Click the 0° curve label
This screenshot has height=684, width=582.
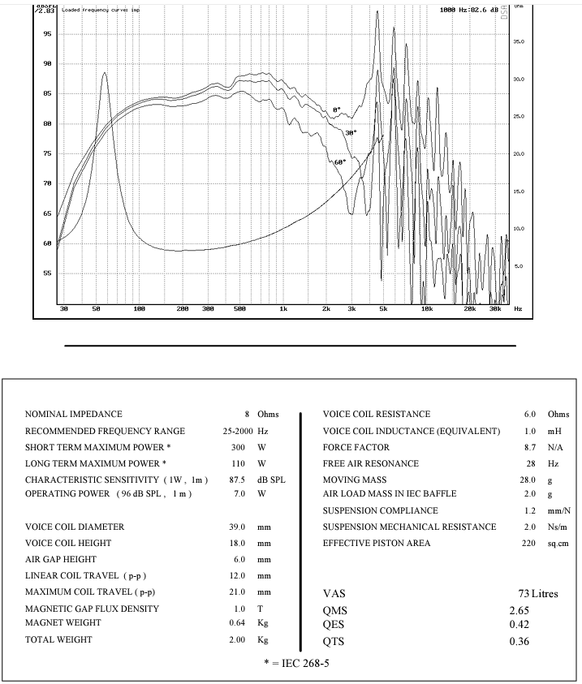pyautogui.click(x=337, y=110)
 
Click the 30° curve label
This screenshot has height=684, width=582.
pyautogui.click(x=351, y=132)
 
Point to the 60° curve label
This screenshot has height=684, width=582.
pyautogui.click(x=340, y=162)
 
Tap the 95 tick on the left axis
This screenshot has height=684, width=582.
pyautogui.click(x=47, y=34)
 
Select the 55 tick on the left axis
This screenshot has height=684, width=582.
pyautogui.click(x=47, y=273)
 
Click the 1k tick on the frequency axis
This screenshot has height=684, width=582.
pyautogui.click(x=282, y=309)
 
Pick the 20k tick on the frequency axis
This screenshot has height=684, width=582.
pyautogui.click(x=468, y=309)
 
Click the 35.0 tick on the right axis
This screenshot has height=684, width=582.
pyautogui.click(x=519, y=41)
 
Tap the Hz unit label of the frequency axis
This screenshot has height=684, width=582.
pyautogui.click(x=518, y=309)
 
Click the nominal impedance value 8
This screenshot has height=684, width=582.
pyautogui.click(x=248, y=415)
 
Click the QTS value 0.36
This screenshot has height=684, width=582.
pyautogui.click(x=519, y=642)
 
